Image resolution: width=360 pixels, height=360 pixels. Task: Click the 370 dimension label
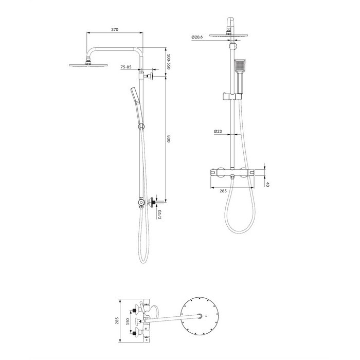115,29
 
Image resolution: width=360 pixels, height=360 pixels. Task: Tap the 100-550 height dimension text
168,62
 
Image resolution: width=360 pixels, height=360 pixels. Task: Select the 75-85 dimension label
126,67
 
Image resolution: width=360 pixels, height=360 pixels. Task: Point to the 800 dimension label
168,139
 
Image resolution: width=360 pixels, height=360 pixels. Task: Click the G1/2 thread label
159,214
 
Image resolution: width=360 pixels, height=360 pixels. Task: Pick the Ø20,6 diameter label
197,37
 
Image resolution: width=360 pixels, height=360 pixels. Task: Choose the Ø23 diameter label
218,131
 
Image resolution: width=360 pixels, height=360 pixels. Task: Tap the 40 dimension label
267,184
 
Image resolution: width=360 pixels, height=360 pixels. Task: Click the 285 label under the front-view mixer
223,191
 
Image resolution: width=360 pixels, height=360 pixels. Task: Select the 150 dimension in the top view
129,321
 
